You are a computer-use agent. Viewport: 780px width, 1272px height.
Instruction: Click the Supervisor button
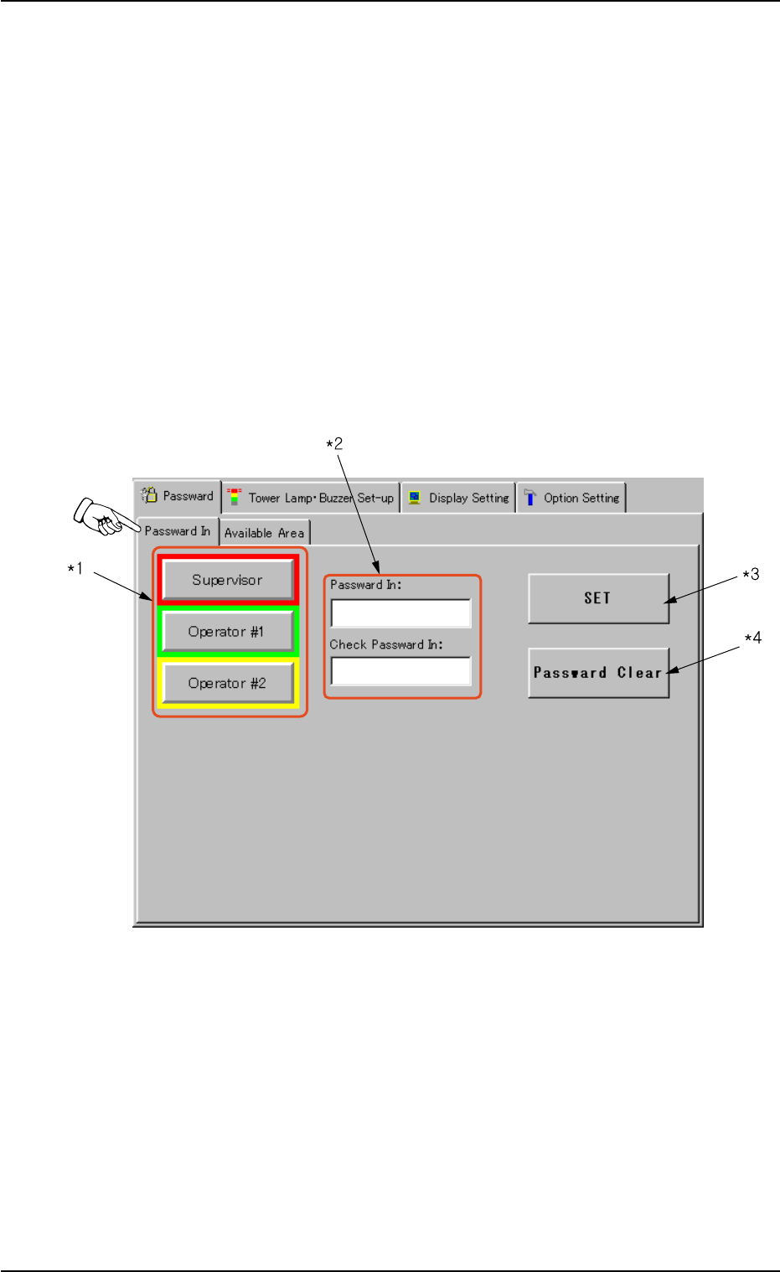[x=227, y=580]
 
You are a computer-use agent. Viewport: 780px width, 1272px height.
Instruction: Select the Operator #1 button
[x=227, y=632]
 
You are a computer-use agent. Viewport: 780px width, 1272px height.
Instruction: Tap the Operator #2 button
[x=227, y=684]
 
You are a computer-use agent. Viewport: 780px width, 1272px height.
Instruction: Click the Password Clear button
[x=598, y=673]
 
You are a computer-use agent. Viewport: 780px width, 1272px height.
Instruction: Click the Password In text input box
[x=400, y=613]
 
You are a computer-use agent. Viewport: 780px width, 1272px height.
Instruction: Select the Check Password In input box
[x=400, y=671]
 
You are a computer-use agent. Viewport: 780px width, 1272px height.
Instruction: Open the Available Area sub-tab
[x=264, y=533]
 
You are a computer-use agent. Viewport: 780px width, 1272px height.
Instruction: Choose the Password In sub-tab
[x=178, y=531]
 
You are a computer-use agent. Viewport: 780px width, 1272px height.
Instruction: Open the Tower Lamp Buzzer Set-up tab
[x=311, y=498]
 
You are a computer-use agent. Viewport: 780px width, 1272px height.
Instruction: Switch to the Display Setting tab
[x=458, y=498]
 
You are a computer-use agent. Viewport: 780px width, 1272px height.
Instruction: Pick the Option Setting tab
[x=571, y=498]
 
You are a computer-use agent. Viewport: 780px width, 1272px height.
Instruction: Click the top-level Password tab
[x=178, y=496]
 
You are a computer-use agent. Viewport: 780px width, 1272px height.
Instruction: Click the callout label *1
[x=75, y=570]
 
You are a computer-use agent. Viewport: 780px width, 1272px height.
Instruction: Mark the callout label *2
[x=334, y=444]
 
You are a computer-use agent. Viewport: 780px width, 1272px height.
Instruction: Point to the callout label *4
[x=752, y=639]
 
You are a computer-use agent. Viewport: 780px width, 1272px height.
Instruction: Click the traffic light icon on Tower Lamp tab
[x=235, y=497]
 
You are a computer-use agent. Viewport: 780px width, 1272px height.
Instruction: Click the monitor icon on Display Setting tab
[x=415, y=498]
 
